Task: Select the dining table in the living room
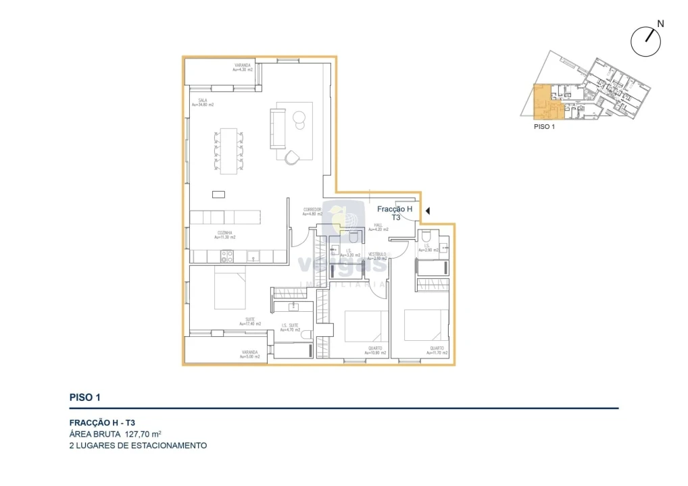[x=229, y=151]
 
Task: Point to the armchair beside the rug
[x=292, y=157]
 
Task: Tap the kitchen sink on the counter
[x=253, y=256]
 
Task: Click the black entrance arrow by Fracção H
[x=428, y=213]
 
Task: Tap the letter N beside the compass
[x=660, y=24]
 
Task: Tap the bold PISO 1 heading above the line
[x=85, y=398]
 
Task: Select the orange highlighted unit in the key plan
[x=542, y=101]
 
